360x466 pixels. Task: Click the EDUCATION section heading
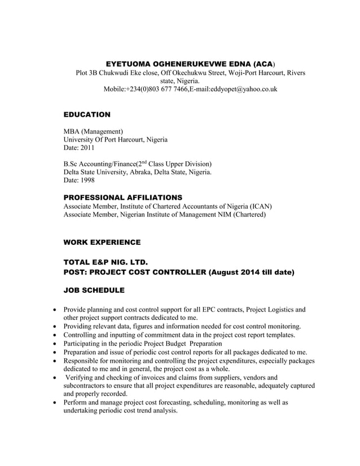[87, 115]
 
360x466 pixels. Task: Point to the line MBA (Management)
[93, 131]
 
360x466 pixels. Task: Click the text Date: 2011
[79, 148]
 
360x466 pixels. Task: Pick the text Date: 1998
[79, 181]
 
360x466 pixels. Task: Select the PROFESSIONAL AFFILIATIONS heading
[122, 197]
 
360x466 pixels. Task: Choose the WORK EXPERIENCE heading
[102, 242]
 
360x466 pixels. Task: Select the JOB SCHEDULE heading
[94, 290]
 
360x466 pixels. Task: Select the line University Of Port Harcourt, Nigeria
[115, 139]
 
